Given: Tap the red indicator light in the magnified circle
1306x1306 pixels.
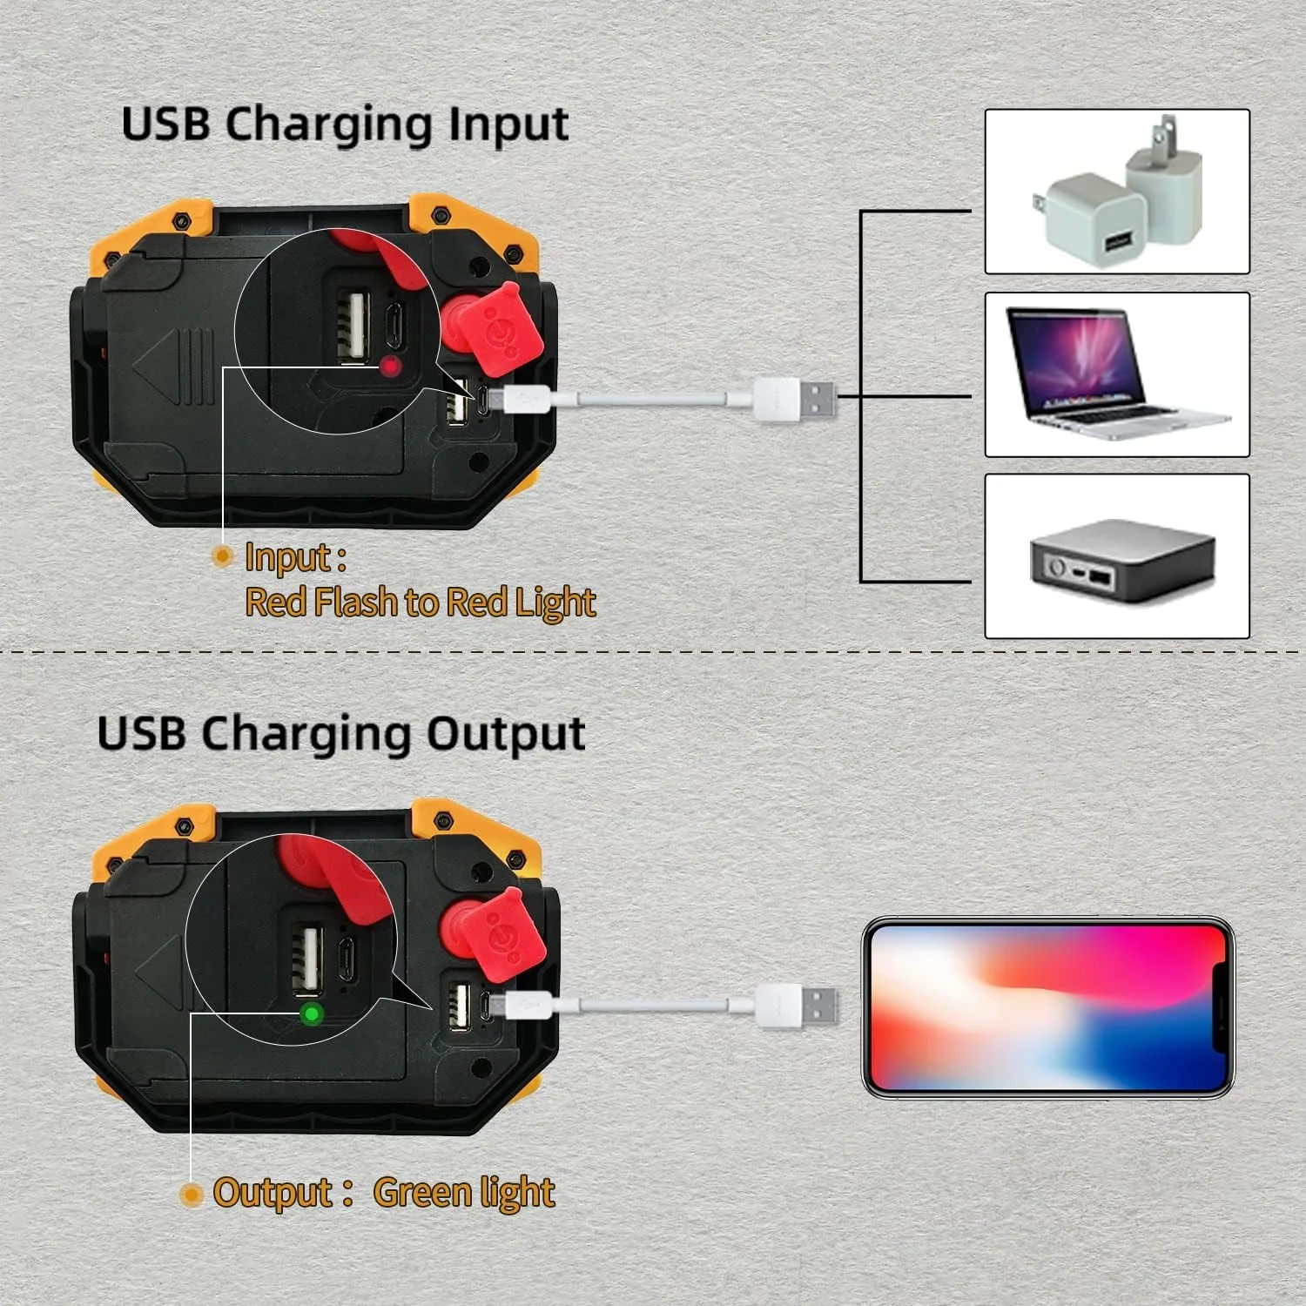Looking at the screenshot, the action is (x=390, y=367).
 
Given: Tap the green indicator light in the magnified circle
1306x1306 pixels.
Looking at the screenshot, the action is (x=311, y=1013).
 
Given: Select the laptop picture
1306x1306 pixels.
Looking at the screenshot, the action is (x=1117, y=374).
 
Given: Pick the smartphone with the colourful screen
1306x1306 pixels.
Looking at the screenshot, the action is (x=1048, y=1007).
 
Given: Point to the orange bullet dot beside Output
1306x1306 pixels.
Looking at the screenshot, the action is (x=191, y=1195).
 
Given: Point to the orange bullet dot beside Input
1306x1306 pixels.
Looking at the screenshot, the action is (x=223, y=555).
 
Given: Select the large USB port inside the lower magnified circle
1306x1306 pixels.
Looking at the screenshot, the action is (x=307, y=960).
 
